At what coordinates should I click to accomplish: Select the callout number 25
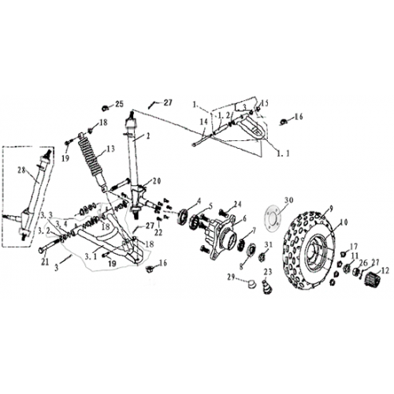point(120,104)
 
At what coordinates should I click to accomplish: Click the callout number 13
point(110,148)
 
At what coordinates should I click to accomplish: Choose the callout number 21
point(45,261)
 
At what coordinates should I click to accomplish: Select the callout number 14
point(203,121)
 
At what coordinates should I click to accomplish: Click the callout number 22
point(158,232)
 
